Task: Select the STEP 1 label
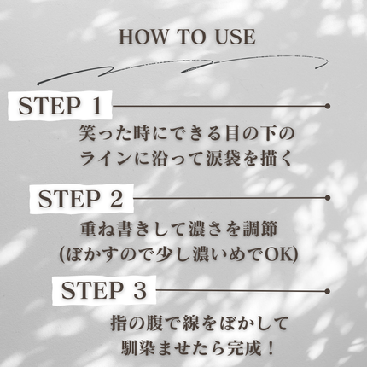click(60, 106)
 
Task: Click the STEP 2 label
click(80, 199)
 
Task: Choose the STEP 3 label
click(104, 290)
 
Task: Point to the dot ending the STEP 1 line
click(328, 106)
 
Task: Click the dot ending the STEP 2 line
click(328, 198)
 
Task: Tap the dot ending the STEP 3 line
click(328, 291)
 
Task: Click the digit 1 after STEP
click(96, 106)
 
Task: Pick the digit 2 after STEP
click(116, 199)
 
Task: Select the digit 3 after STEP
click(140, 290)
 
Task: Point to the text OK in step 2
click(277, 255)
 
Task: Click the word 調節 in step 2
click(260, 230)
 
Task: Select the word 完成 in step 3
click(244, 347)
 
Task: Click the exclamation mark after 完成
click(271, 347)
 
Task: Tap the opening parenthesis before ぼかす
click(62, 255)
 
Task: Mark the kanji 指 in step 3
click(119, 323)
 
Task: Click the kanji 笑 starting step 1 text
click(87, 133)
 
